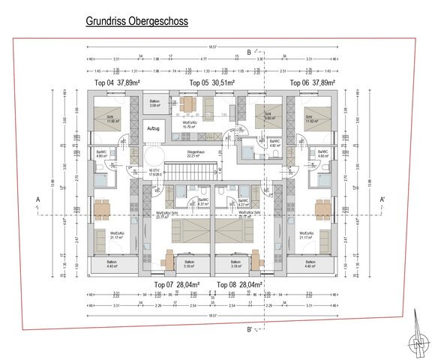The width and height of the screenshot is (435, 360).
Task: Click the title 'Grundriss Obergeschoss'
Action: pyautogui.click(x=136, y=22)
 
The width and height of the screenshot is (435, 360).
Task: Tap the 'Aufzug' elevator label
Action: pyautogui.click(x=154, y=129)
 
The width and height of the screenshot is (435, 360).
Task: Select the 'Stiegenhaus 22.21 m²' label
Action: pyautogui.click(x=196, y=154)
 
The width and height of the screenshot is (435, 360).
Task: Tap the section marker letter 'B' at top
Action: pyautogui.click(x=248, y=52)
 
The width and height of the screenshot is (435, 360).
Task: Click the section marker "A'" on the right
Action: pyautogui.click(x=382, y=199)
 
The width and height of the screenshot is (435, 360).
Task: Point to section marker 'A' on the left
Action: pyautogui.click(x=36, y=199)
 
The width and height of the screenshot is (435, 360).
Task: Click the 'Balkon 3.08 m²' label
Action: pyautogui.click(x=154, y=103)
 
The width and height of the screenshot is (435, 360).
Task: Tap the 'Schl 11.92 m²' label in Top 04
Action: pyautogui.click(x=109, y=119)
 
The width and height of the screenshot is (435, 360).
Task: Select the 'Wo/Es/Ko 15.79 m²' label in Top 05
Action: pyautogui.click(x=189, y=125)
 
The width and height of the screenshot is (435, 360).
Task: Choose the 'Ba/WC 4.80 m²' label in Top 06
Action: pyautogui.click(x=322, y=154)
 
